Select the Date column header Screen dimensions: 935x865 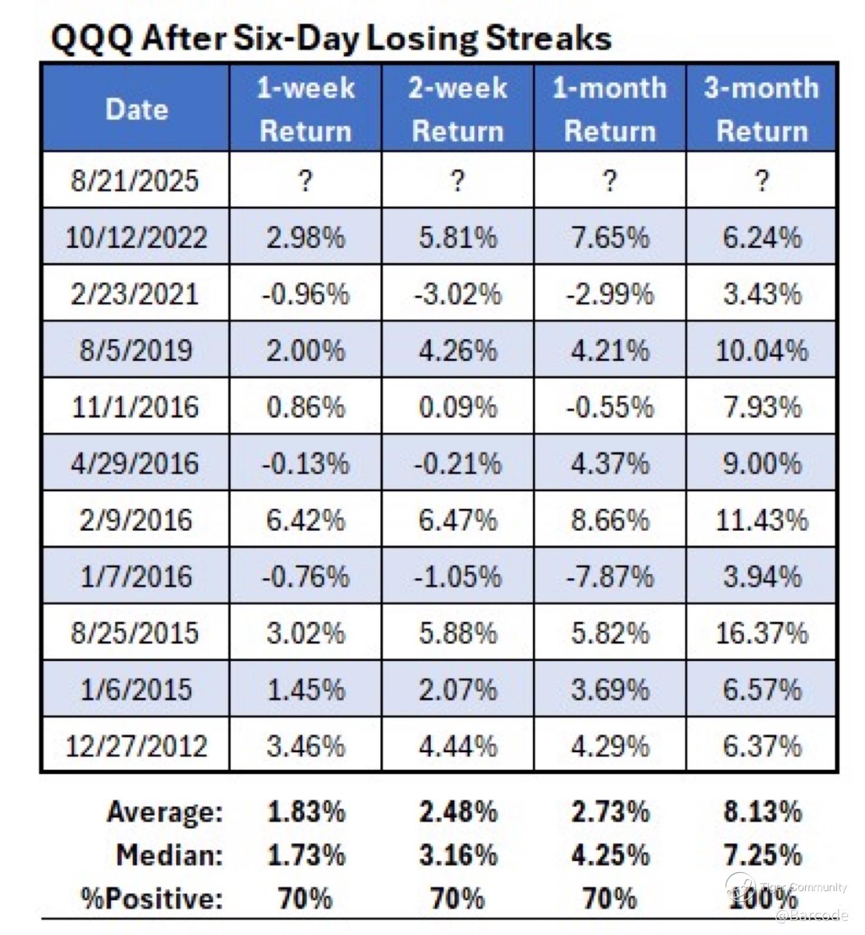click(136, 109)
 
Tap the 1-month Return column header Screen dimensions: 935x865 click(609, 109)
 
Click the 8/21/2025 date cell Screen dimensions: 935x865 click(135, 180)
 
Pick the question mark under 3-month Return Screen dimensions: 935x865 click(762, 180)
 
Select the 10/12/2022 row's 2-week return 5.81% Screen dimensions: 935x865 click(458, 237)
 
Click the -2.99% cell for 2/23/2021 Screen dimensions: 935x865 click(609, 294)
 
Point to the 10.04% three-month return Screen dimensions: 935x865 click(762, 350)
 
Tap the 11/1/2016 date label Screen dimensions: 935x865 click(135, 407)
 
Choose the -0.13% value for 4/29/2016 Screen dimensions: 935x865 click(306, 464)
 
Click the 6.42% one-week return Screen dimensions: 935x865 click(306, 520)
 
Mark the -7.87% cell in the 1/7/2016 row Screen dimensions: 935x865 click(609, 576)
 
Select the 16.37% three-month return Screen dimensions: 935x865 click(762, 633)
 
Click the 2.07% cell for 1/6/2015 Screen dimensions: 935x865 click(458, 689)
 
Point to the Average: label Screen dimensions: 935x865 click(165, 812)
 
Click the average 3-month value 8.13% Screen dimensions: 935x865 click(762, 812)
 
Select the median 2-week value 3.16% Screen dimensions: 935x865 click(458, 855)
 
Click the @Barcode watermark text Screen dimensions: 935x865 click(812, 915)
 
